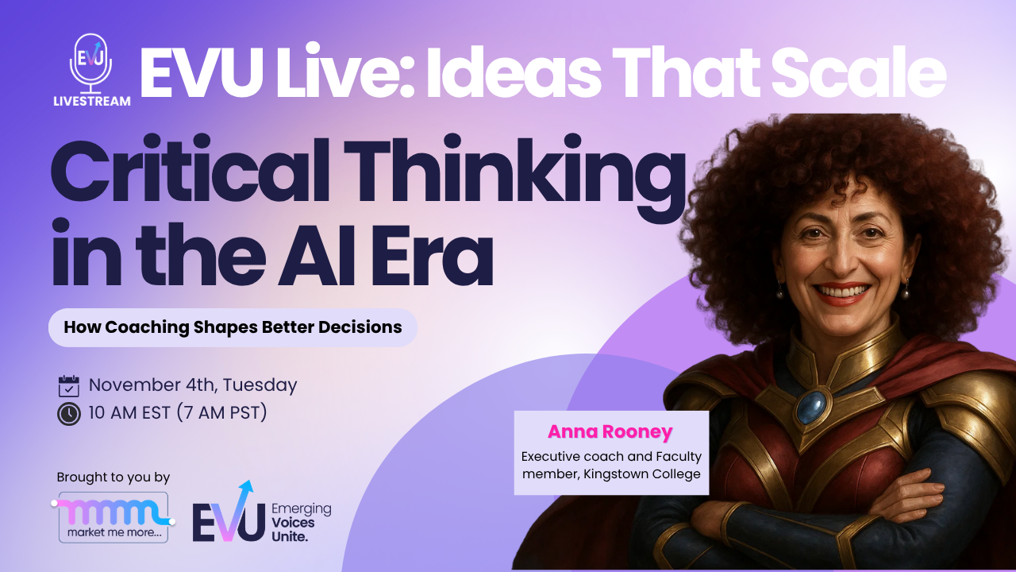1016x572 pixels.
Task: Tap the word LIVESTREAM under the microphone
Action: [x=92, y=101]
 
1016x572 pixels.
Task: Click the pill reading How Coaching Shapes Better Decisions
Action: [x=233, y=327]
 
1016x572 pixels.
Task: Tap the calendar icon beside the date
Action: [x=69, y=386]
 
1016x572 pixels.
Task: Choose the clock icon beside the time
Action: [x=69, y=414]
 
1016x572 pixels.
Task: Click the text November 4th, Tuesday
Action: [x=193, y=385]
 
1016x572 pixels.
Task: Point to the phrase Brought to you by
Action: [x=114, y=477]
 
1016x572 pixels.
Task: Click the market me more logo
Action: [x=114, y=517]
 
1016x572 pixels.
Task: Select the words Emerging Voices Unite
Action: [x=301, y=523]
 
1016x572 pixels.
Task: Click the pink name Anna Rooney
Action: [x=610, y=432]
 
